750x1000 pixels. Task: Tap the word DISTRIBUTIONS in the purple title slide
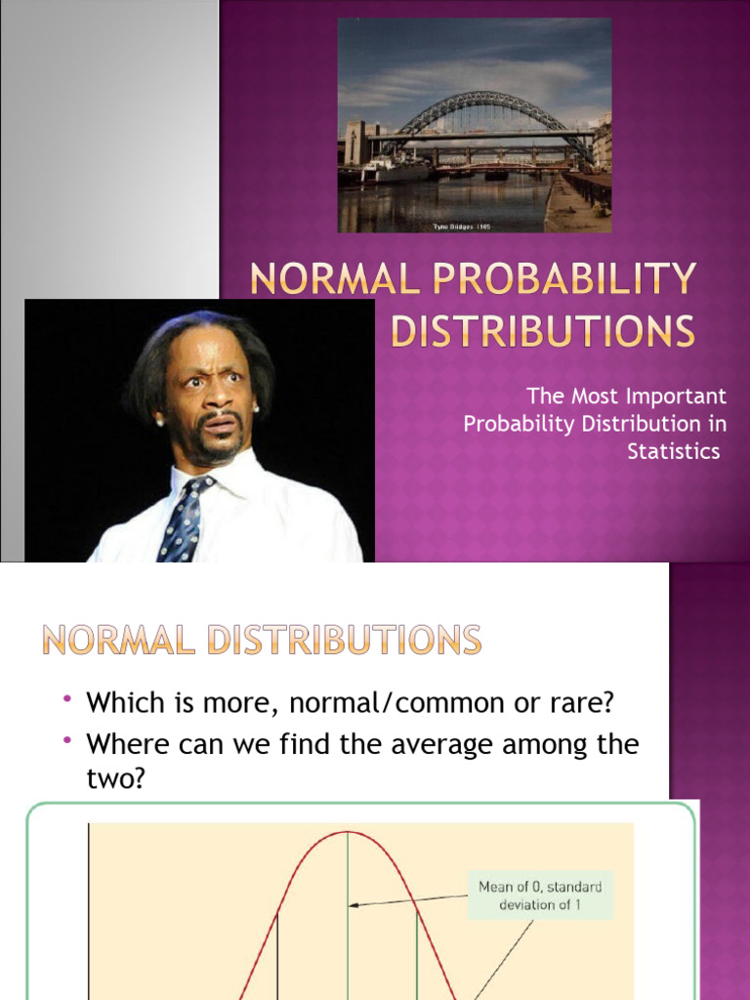[x=543, y=332]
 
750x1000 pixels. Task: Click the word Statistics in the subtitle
[x=673, y=450]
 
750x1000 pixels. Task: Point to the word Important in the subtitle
[x=676, y=396]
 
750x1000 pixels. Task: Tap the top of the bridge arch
[x=485, y=96]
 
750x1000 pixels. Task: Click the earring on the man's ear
[x=159, y=422]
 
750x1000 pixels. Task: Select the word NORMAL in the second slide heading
[x=114, y=641]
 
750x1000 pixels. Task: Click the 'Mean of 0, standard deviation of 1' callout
[x=540, y=895]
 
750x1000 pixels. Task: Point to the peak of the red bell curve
[x=347, y=832]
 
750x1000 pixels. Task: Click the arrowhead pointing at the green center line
[x=354, y=905]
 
